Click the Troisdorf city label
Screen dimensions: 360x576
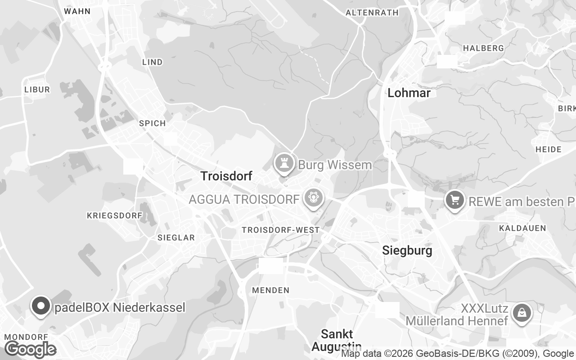click(x=226, y=176)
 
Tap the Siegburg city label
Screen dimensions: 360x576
click(x=407, y=251)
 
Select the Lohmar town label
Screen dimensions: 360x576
click(x=409, y=93)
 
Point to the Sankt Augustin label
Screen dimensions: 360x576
click(x=337, y=340)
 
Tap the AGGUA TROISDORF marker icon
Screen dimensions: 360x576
click(x=313, y=198)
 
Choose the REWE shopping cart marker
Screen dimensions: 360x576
click(x=455, y=200)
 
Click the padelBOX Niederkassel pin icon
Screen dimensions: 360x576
click(x=41, y=306)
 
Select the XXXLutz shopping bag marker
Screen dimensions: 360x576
click(x=522, y=312)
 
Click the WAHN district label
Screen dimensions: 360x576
click(x=77, y=11)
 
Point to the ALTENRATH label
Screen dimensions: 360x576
click(x=372, y=13)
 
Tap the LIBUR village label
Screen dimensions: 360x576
click(x=37, y=90)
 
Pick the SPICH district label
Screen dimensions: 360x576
click(x=152, y=123)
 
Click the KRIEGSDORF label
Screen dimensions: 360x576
click(x=114, y=216)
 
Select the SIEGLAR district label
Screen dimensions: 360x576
click(x=176, y=238)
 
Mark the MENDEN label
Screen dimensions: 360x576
click(x=270, y=290)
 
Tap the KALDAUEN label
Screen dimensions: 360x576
click(x=522, y=228)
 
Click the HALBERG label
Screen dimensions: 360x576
click(x=483, y=48)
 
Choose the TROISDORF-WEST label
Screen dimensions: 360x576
click(x=280, y=230)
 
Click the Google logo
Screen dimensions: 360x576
click(x=30, y=349)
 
